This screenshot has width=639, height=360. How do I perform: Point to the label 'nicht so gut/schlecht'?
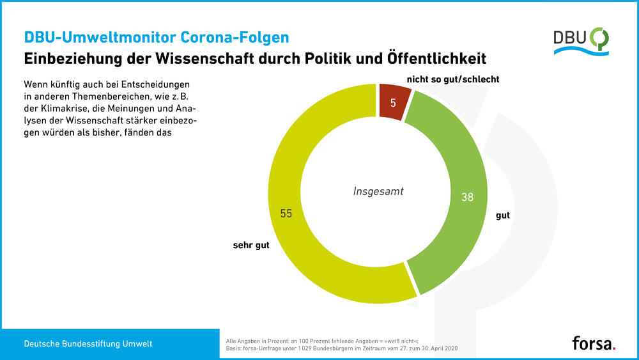point(453,79)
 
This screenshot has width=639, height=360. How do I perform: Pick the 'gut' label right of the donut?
point(503,215)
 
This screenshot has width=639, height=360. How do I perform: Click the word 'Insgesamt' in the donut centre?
point(378,191)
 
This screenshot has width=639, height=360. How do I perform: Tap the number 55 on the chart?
point(286,214)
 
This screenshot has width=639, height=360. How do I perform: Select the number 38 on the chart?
point(467,198)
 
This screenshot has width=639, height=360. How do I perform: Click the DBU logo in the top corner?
point(580,41)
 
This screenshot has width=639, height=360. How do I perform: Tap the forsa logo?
point(594,343)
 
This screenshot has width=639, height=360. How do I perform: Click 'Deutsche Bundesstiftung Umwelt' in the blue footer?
point(88,344)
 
